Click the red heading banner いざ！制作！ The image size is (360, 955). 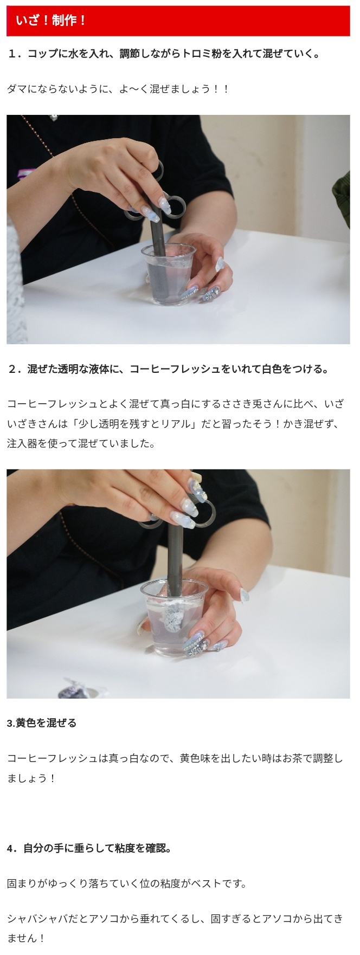click(x=178, y=21)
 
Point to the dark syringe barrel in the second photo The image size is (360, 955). click(x=175, y=564)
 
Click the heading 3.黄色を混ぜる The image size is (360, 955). click(x=42, y=722)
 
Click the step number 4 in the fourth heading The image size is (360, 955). click(x=10, y=848)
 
